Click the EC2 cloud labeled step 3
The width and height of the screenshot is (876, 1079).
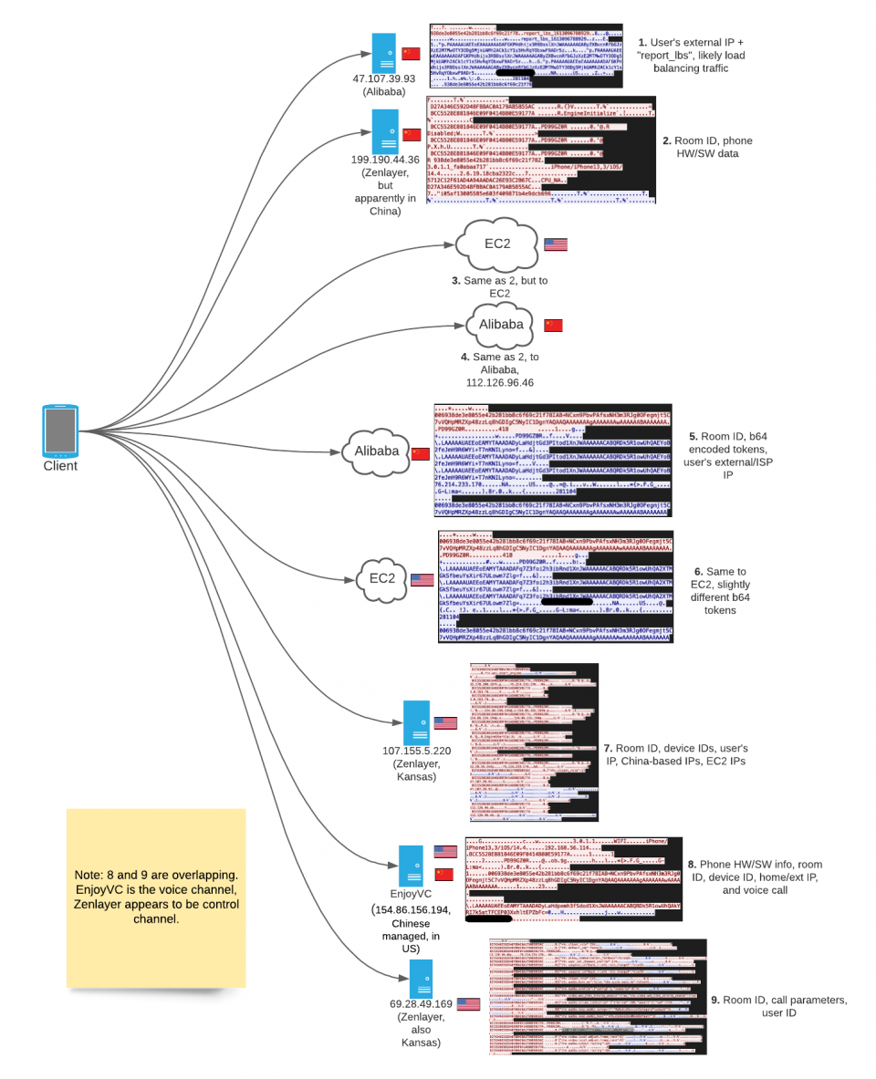[496, 244]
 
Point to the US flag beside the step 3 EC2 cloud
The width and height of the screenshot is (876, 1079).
[555, 244]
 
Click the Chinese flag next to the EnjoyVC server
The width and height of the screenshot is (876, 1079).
[444, 875]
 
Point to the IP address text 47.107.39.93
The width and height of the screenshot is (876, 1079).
[384, 78]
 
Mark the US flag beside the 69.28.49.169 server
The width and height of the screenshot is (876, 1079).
[468, 1003]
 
